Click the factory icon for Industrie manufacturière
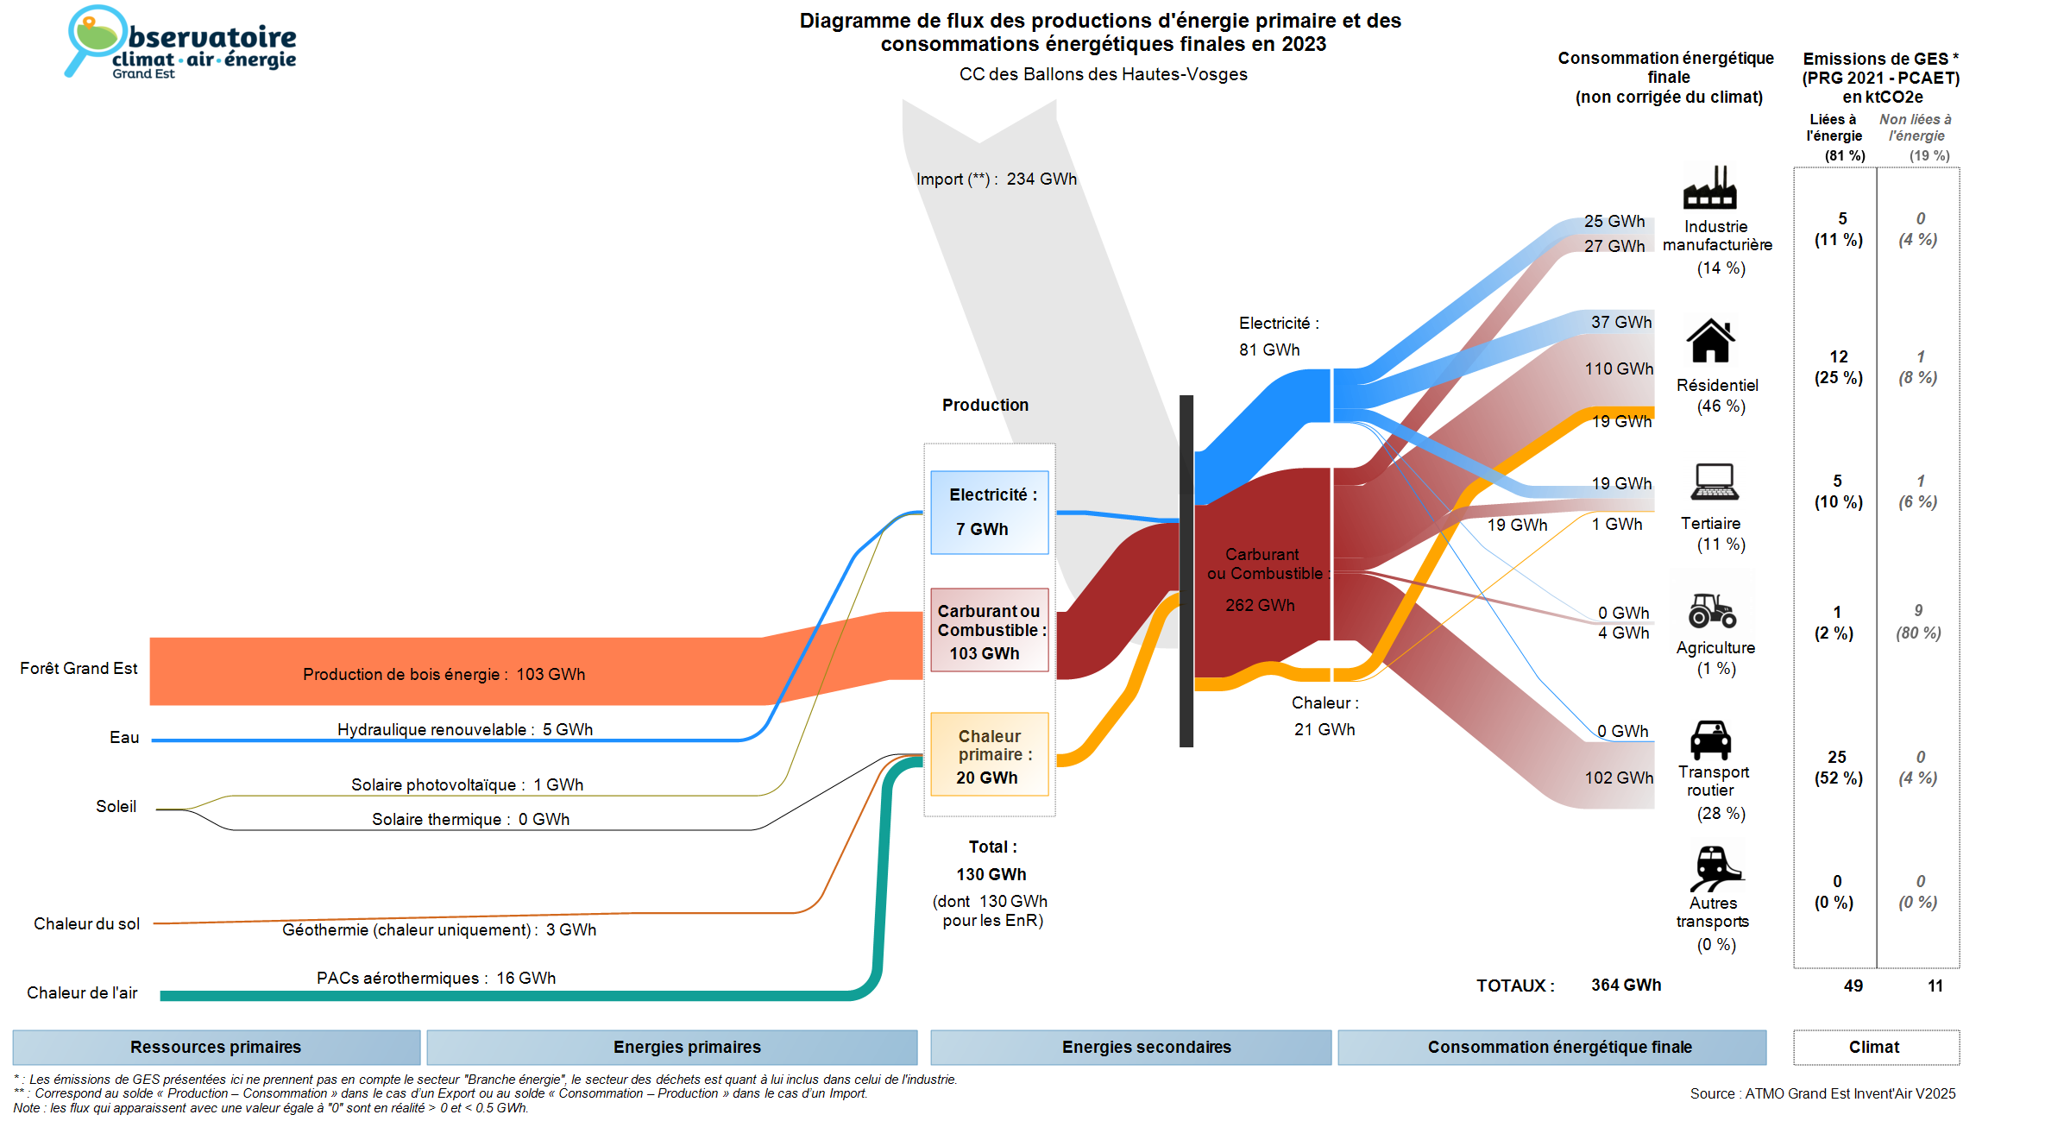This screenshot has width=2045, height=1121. point(1709,188)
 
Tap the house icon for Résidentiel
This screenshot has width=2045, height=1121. point(1710,341)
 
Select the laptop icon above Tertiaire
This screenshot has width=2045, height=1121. point(1715,482)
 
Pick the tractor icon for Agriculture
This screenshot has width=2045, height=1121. point(1712,610)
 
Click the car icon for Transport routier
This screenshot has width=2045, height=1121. point(1710,740)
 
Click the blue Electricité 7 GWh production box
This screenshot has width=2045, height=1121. point(989,513)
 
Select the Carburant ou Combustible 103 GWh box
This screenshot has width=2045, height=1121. point(989,631)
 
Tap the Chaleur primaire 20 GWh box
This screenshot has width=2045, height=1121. point(989,755)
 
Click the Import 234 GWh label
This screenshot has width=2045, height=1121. point(996,179)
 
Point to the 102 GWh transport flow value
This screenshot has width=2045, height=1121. point(1618,778)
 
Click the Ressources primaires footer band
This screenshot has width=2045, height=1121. point(216,1047)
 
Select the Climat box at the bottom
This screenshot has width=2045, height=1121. point(1875,1047)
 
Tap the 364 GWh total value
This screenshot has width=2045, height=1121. point(1626,986)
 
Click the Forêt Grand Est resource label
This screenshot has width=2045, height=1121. point(79,669)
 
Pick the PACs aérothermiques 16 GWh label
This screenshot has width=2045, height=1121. point(436,979)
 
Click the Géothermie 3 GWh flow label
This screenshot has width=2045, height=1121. point(439,930)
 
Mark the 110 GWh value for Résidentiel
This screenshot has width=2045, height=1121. point(1618,369)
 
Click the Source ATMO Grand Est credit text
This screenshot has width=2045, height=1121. point(1822,1094)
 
